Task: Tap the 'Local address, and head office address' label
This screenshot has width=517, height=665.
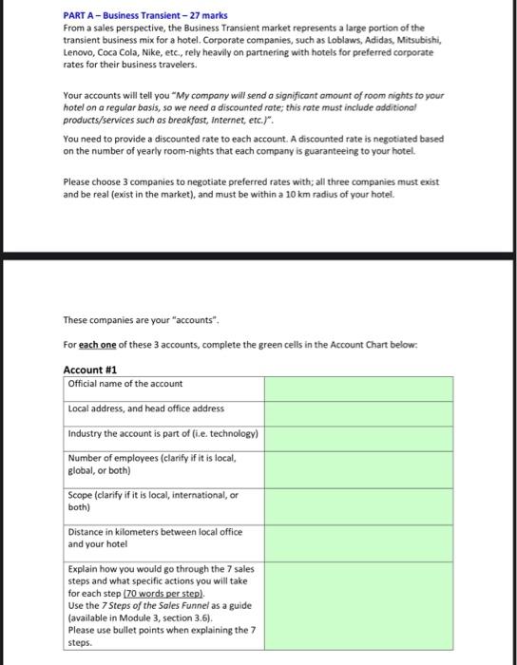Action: pyautogui.click(x=146, y=408)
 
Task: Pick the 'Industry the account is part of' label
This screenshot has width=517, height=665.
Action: pyautogui.click(x=163, y=433)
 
